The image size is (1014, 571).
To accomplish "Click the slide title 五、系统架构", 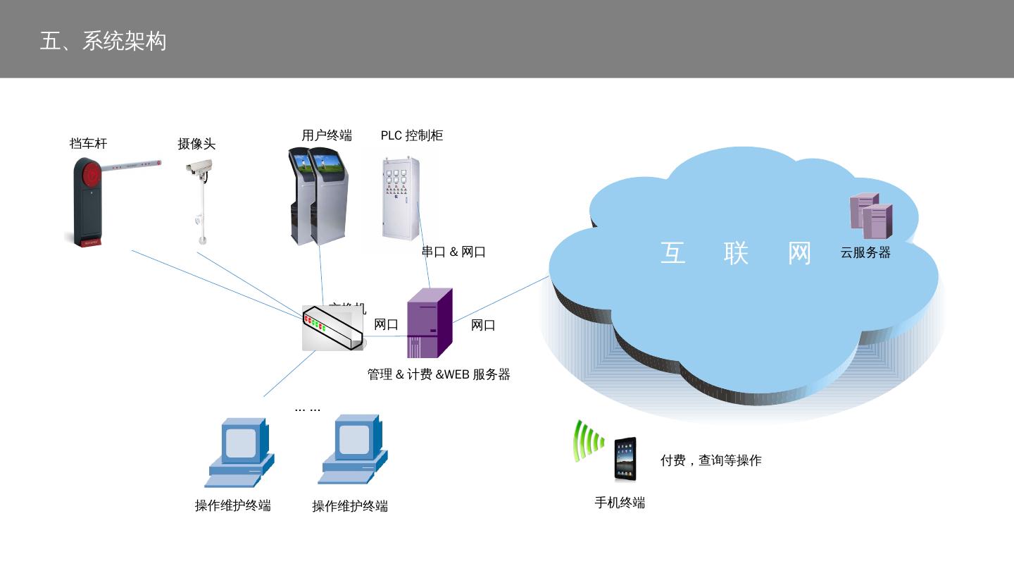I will (103, 41).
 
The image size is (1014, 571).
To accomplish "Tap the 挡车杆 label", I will (88, 144).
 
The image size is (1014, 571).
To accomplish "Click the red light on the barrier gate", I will (92, 173).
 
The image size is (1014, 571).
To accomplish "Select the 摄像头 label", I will (196, 145).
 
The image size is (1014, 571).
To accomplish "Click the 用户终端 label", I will (327, 135).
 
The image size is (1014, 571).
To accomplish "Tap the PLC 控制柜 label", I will (412, 135).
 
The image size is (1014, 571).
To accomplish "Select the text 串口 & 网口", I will (453, 252).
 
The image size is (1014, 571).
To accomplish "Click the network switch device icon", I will (332, 328).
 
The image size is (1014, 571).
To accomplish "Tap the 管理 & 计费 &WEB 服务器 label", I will (439, 375).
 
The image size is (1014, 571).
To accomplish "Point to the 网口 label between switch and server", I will (386, 325).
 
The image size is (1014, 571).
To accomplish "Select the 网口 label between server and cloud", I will (483, 325).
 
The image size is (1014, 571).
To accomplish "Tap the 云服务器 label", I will (865, 253).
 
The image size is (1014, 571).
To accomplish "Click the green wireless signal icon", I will (588, 441).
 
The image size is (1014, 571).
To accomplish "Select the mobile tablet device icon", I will (625, 459).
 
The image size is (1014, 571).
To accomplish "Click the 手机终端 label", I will (620, 503).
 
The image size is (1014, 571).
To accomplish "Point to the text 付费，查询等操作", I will (711, 461).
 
